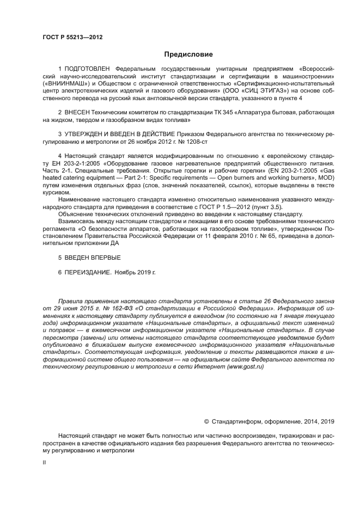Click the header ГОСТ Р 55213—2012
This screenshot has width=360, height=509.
(72, 38)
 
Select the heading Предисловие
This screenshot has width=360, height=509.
(188, 54)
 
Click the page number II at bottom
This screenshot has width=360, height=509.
(44, 462)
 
